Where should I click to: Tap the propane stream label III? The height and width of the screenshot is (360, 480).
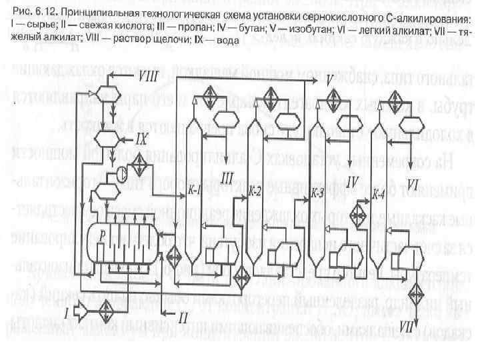[x=228, y=178]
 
